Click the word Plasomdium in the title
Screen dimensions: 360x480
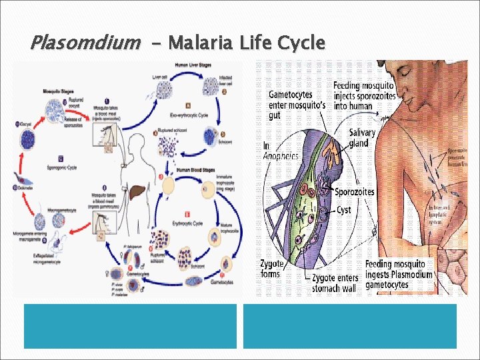click(85, 44)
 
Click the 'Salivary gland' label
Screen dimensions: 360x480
click(362, 138)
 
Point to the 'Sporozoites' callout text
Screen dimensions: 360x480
click(354, 192)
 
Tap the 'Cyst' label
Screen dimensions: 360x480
click(343, 210)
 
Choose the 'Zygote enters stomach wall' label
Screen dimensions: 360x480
click(335, 283)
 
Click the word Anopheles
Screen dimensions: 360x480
click(280, 157)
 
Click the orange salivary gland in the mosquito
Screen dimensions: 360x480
click(331, 150)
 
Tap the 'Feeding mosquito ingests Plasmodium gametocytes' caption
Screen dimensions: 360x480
click(399, 274)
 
